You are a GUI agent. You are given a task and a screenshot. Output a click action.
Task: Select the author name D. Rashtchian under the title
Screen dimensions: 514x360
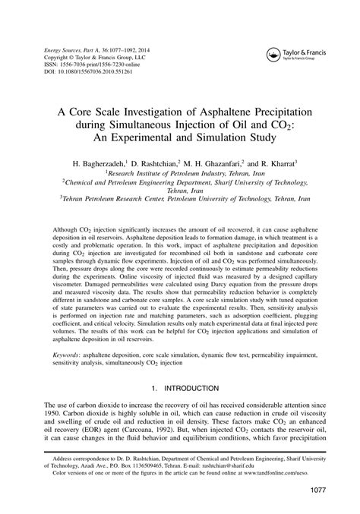coord(154,163)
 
